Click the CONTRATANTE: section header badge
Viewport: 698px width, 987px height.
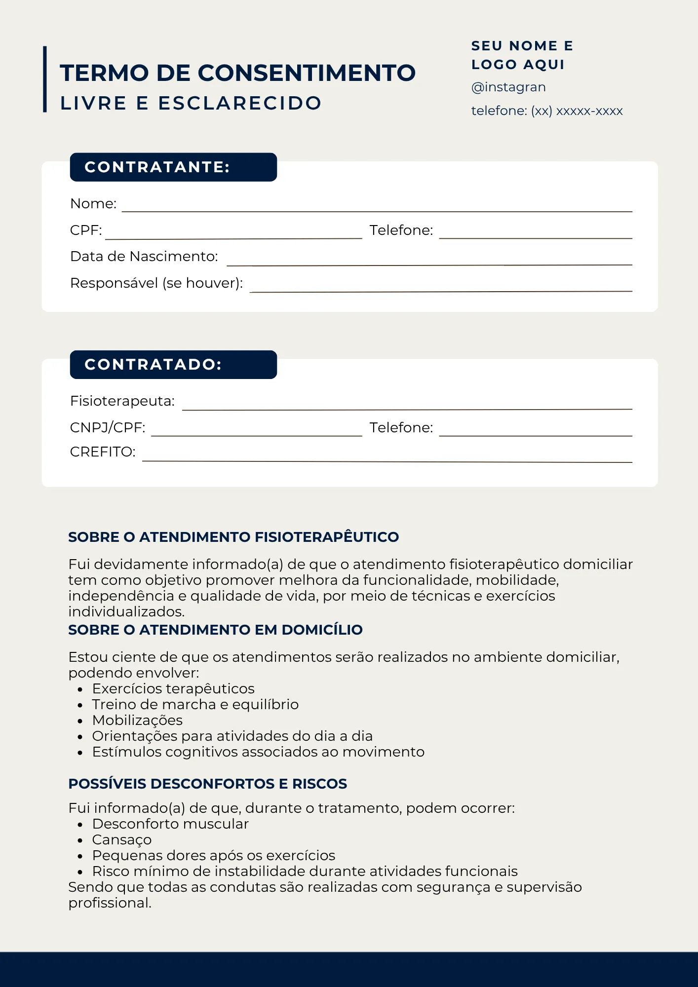click(173, 167)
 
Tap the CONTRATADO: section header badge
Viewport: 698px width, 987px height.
click(173, 365)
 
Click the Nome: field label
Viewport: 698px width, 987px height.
click(93, 204)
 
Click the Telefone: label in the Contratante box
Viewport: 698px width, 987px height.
click(401, 230)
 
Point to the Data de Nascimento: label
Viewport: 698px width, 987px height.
click(144, 257)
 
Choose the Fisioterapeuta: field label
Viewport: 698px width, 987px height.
click(122, 401)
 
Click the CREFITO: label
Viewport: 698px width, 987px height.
click(103, 452)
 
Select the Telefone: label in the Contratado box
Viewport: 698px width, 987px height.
click(401, 428)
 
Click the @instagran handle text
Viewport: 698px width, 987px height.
click(508, 87)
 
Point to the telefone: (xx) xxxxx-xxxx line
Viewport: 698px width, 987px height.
click(547, 111)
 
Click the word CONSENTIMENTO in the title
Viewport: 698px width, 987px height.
click(307, 73)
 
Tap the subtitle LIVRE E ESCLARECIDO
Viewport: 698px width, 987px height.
click(191, 104)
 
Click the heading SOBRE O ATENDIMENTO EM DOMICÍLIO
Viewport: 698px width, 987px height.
click(215, 630)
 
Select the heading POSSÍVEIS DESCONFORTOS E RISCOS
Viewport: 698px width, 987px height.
click(207, 784)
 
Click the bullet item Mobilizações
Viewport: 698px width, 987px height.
click(137, 721)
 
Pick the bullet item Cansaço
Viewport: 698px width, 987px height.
click(122, 840)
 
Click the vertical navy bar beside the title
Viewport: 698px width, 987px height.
click(45, 79)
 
